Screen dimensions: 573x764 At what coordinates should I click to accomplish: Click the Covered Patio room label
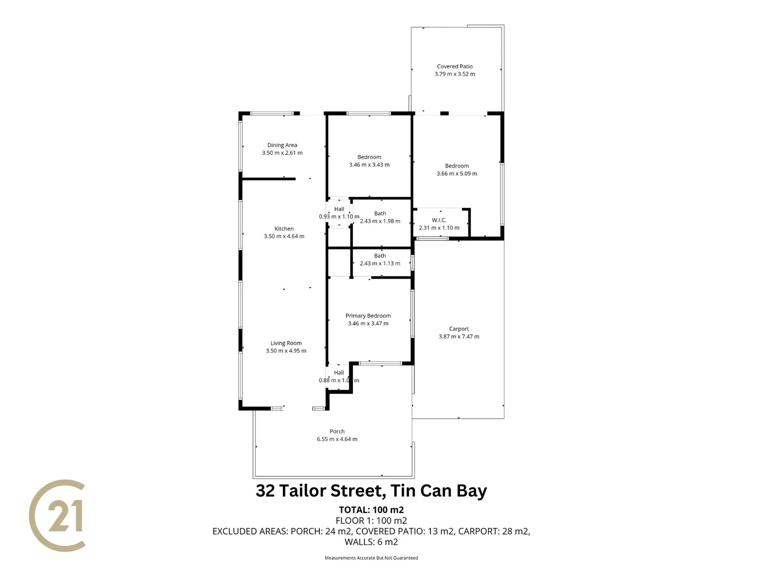point(455,66)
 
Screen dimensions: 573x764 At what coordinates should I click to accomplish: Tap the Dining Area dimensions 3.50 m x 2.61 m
point(282,153)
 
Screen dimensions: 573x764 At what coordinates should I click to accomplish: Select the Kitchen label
point(284,229)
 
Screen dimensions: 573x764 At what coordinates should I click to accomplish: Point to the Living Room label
point(286,343)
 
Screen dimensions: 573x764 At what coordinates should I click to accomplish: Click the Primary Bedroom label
point(368,316)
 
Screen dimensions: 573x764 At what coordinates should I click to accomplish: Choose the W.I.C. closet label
point(439,220)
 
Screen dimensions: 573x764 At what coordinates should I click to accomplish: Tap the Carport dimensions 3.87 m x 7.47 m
point(459,336)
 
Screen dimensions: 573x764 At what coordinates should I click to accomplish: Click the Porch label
point(337,431)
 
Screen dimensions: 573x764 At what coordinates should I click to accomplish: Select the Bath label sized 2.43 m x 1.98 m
point(380,213)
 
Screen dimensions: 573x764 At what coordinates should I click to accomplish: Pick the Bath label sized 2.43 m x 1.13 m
point(380,256)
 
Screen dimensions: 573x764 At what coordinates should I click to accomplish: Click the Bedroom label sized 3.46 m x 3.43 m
point(369,157)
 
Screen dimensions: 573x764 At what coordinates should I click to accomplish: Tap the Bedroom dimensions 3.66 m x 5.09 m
point(457,173)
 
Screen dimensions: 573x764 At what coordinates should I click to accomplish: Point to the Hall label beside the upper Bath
point(339,209)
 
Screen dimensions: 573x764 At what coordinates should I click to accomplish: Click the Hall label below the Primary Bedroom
point(339,372)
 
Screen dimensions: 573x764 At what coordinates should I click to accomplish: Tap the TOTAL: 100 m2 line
point(371,510)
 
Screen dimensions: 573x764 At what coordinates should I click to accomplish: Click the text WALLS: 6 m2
point(371,542)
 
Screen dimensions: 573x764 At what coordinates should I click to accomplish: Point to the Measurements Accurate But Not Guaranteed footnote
point(371,558)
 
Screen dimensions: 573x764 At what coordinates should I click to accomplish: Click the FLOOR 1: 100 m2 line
point(371,520)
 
